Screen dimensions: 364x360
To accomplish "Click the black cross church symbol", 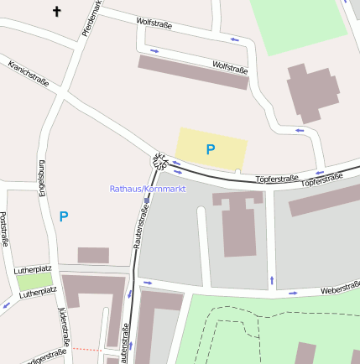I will [57, 12].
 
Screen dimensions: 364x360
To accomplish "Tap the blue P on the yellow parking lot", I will [211, 149].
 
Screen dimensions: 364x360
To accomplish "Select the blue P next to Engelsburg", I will [64, 216].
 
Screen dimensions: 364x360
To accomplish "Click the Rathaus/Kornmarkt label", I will [147, 189].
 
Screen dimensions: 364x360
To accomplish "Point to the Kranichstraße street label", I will [28, 74].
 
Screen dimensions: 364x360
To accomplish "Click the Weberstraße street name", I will [339, 289].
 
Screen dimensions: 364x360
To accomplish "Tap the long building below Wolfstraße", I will [193, 72].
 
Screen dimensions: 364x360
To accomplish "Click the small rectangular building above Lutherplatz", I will [93, 255].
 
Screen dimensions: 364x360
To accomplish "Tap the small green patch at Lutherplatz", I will [33, 282].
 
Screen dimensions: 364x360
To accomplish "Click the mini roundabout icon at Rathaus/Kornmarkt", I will [159, 159].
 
